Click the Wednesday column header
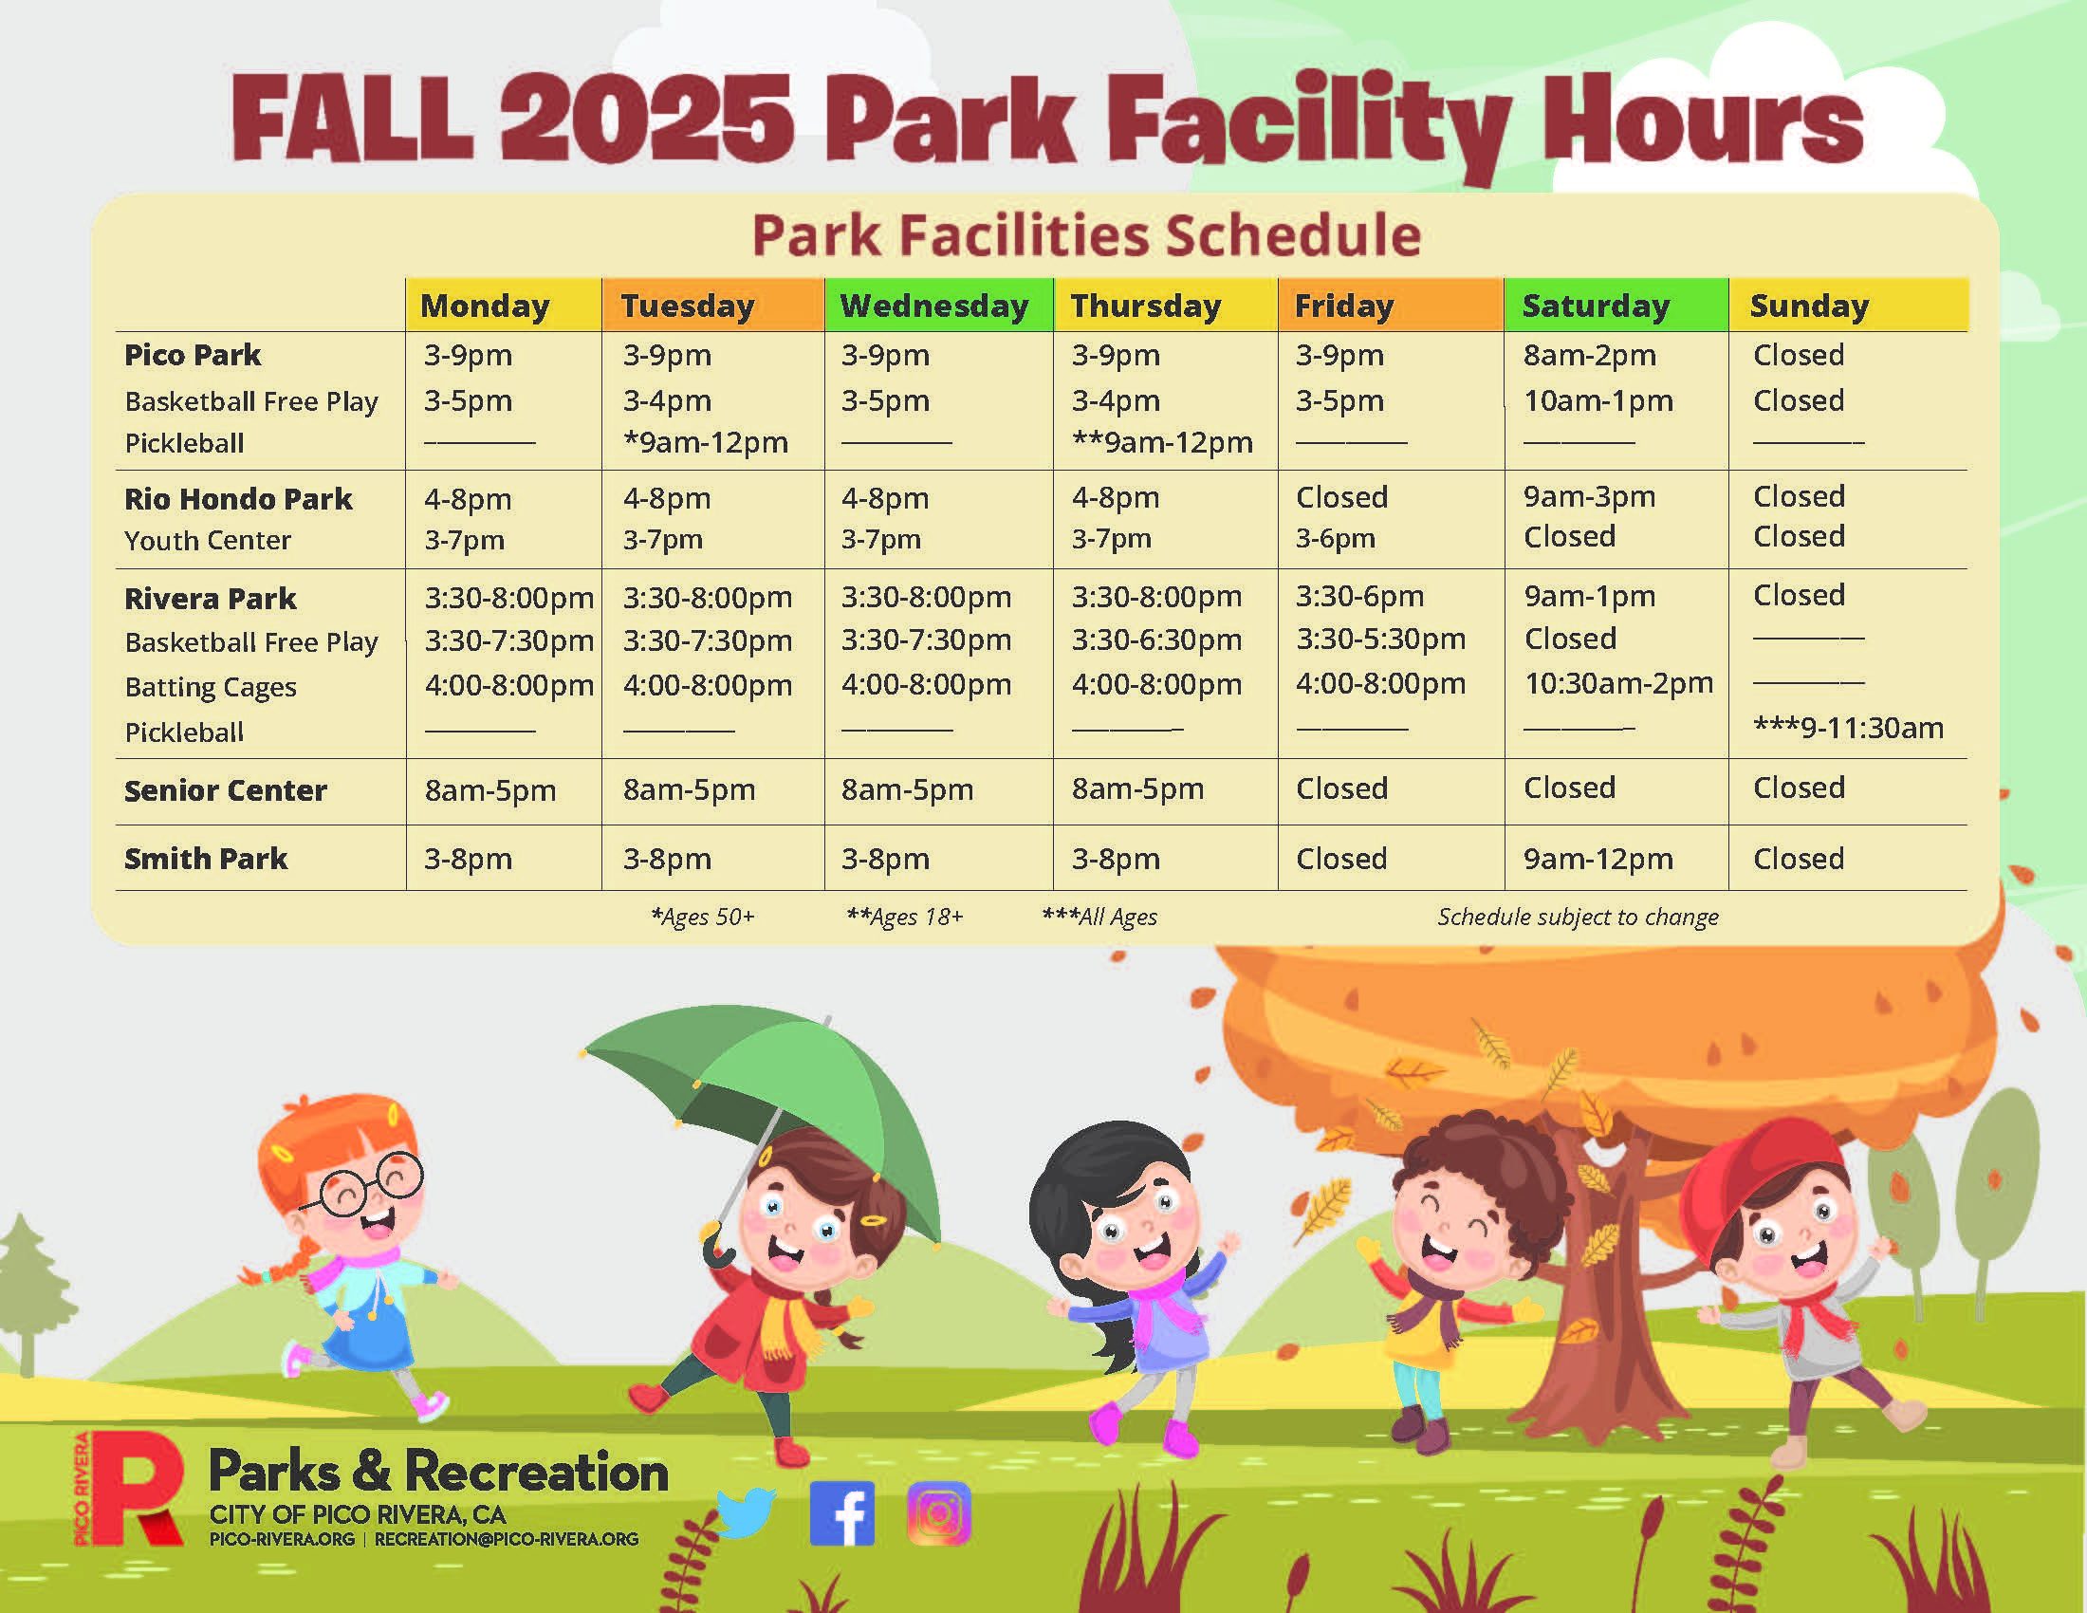point(933,306)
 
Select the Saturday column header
point(1596,306)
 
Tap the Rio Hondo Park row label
point(238,499)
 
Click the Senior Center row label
point(226,790)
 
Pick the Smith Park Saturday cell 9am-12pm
point(1598,858)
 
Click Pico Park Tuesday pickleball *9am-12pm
point(705,442)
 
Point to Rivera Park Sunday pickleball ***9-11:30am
point(1848,728)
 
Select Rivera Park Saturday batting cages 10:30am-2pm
point(1618,683)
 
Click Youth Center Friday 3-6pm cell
point(1335,539)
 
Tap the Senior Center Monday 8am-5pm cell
point(490,790)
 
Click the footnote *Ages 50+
point(702,917)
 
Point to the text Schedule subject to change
point(1578,917)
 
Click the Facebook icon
point(841,1512)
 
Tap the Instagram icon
point(939,1512)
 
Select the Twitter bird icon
point(747,1511)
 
